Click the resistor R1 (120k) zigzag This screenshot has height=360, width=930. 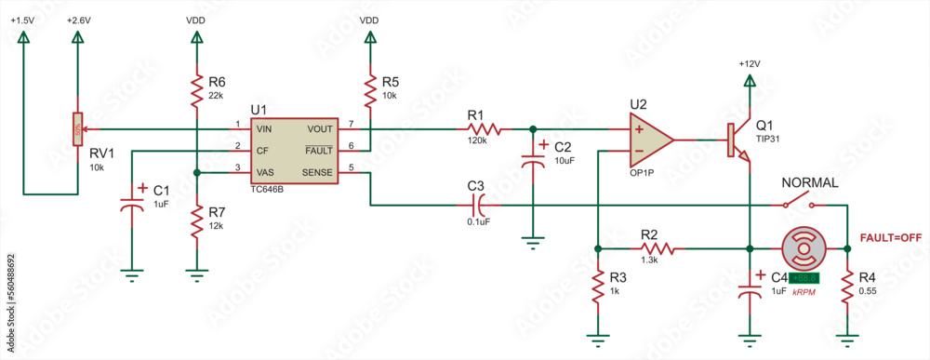486,129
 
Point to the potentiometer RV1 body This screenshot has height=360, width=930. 76,130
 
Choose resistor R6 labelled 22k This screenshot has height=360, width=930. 196,90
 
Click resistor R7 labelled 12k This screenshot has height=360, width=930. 196,222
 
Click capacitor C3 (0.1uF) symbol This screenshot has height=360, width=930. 477,204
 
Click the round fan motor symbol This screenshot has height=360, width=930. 803,248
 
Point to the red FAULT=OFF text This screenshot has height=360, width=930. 891,238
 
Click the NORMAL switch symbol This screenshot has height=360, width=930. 799,203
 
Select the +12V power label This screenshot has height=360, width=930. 749,64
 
